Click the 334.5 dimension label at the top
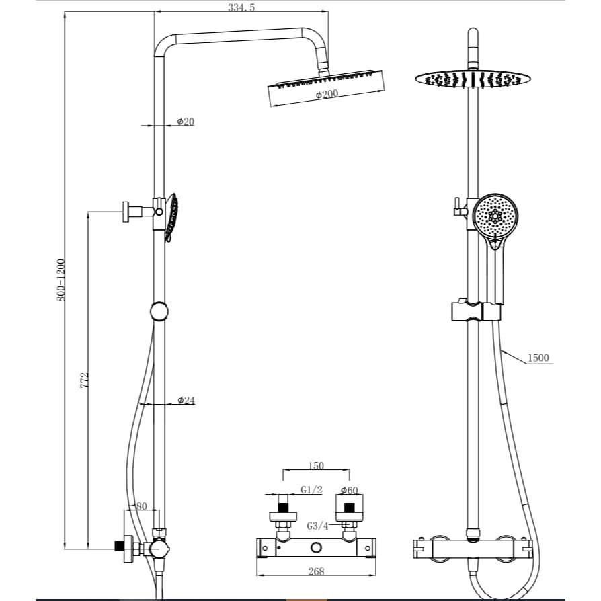click(241, 7)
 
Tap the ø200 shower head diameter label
click(327, 95)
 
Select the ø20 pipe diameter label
click(186, 121)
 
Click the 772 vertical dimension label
click(85, 379)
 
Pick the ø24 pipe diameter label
click(186, 400)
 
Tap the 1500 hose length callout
click(538, 358)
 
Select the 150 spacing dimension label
click(315, 465)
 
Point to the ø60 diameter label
click(348, 490)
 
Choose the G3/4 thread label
click(317, 526)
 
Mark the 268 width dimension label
click(315, 571)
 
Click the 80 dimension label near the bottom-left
click(141, 506)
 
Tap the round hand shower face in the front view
click(495, 216)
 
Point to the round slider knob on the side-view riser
click(159, 311)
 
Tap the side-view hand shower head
click(172, 217)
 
